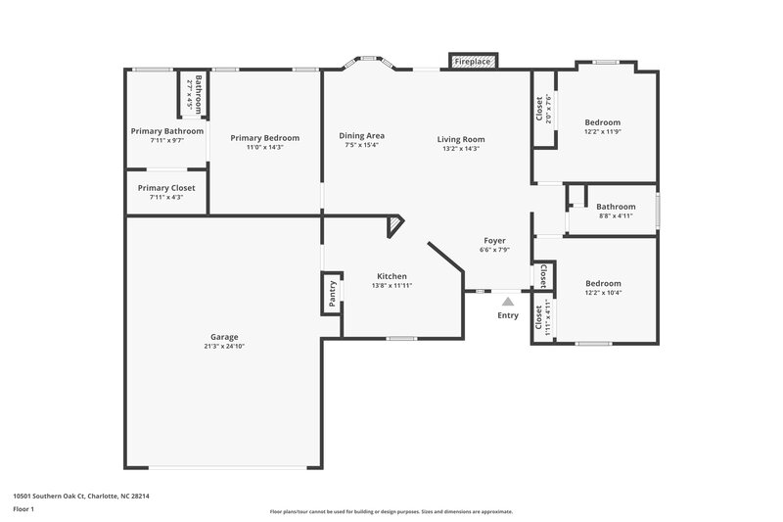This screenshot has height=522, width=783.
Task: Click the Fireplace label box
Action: [474, 62]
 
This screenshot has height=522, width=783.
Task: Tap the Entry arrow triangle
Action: [507, 302]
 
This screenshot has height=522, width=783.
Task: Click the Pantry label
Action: [332, 295]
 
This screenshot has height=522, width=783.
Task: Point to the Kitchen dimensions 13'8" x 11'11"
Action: [391, 286]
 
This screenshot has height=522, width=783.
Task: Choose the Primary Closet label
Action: [166, 187]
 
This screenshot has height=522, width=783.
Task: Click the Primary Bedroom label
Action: [264, 137]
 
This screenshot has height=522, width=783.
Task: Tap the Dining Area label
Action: [361, 135]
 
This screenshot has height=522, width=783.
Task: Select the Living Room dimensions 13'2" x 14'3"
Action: [460, 149]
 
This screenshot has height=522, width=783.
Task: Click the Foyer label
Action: [494, 240]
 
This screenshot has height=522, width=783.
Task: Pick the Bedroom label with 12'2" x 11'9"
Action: [602, 121]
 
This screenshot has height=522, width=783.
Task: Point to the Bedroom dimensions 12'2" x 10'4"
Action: [602, 292]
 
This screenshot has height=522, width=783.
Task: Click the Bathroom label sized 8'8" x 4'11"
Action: [616, 207]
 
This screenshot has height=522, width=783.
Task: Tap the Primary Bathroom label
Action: [167, 130]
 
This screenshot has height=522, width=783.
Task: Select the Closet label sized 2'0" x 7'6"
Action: [539, 108]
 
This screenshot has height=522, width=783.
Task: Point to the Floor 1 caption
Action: [24, 510]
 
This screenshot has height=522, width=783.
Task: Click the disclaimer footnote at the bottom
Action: [391, 511]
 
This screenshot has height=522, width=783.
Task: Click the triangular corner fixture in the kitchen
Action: [393, 227]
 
